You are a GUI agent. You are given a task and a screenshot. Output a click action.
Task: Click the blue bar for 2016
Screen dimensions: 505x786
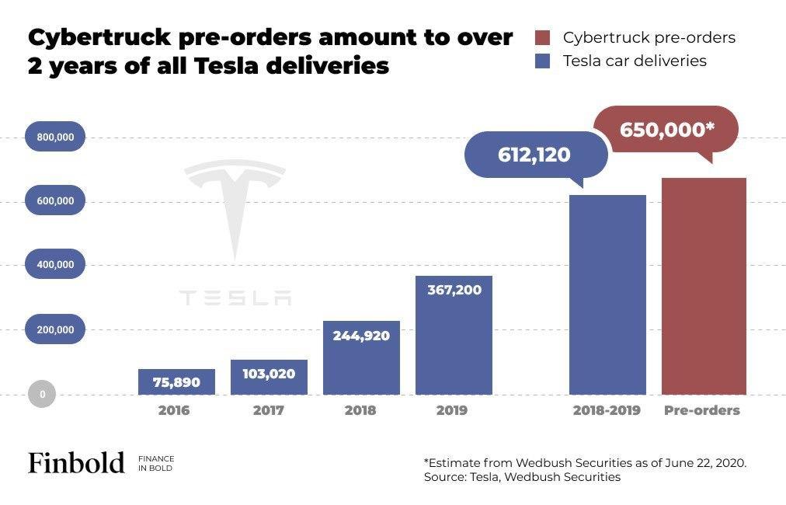177,381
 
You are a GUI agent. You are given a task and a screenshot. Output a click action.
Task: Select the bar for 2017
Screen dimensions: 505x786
269,377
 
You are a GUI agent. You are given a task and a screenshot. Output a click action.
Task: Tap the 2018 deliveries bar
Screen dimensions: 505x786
361,357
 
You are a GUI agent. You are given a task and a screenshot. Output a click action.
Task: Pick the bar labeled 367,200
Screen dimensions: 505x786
454,335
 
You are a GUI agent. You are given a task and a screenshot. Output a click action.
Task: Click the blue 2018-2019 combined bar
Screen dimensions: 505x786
607,295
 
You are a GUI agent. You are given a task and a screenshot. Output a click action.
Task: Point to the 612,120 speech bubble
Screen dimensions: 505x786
534,155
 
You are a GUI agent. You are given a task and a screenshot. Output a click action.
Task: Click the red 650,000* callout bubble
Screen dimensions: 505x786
666,130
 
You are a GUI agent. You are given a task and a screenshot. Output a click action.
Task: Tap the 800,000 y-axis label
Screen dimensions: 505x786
55,137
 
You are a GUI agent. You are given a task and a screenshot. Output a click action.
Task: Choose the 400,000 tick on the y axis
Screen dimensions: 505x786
55,264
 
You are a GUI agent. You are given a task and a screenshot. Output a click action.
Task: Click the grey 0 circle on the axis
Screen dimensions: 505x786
43,394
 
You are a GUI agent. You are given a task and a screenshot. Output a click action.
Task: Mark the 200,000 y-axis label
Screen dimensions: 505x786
55,329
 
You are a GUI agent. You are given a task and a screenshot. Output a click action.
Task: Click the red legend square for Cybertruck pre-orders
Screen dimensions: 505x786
543,37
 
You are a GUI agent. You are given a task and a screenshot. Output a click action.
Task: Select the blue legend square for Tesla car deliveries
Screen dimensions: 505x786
543,61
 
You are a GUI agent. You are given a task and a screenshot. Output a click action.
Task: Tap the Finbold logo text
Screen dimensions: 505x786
76,463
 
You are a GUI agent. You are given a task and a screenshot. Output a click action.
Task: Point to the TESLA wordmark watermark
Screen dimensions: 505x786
235,298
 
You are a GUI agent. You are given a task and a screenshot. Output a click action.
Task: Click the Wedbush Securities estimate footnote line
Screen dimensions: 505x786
585,462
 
